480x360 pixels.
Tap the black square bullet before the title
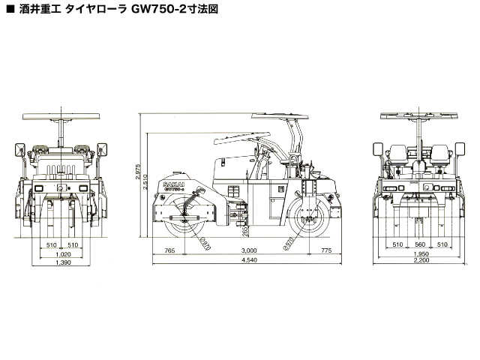(x=9, y=13)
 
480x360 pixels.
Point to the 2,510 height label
(x=147, y=190)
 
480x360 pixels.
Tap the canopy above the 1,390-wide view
(x=63, y=116)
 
